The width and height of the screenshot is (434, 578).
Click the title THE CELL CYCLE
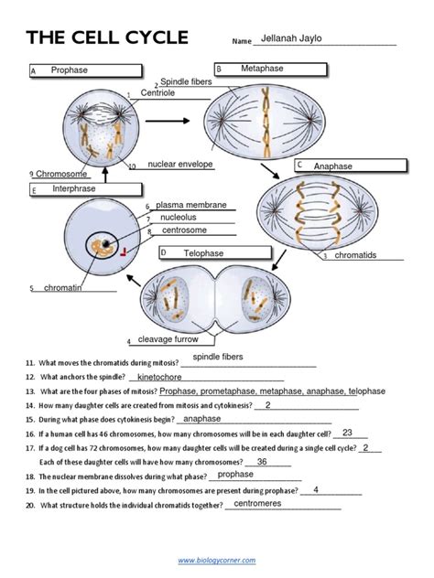tap(107, 38)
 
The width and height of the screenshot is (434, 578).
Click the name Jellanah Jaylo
tap(292, 39)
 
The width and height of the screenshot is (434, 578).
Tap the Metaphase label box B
tap(270, 70)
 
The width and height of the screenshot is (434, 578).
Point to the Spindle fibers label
tap(186, 82)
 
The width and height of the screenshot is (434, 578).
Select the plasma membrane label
tap(191, 206)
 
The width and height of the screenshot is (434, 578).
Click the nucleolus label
tap(179, 219)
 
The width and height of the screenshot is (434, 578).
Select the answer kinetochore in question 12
tap(172, 377)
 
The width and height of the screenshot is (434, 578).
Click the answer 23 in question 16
tap(347, 433)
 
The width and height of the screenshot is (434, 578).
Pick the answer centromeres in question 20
tap(264, 504)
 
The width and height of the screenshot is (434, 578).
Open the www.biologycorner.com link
tap(217, 560)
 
